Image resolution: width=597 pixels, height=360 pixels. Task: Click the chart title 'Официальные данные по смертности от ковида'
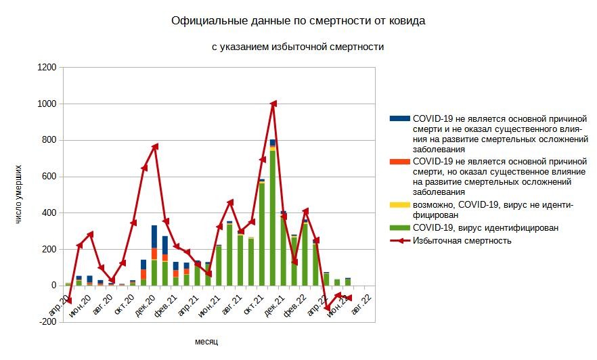point(298,21)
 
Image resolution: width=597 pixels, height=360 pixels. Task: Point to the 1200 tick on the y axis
point(47,68)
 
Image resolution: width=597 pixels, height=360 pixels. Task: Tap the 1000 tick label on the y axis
point(47,104)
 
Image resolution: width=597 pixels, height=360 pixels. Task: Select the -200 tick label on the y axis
point(47,322)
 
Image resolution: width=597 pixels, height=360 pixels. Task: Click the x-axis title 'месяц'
point(206,342)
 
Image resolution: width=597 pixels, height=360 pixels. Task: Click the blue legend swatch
point(400,118)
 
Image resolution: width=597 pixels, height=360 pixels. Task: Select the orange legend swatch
point(400,162)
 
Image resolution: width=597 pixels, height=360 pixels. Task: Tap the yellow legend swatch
point(400,205)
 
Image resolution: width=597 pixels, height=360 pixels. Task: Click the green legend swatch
point(400,228)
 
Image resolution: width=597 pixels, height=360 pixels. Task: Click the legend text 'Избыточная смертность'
point(462,240)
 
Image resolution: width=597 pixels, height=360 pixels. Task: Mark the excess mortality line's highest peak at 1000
point(273,104)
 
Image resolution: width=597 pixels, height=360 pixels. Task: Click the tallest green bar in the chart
point(273,217)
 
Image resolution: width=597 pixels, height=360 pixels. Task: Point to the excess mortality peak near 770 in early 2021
point(155,146)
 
